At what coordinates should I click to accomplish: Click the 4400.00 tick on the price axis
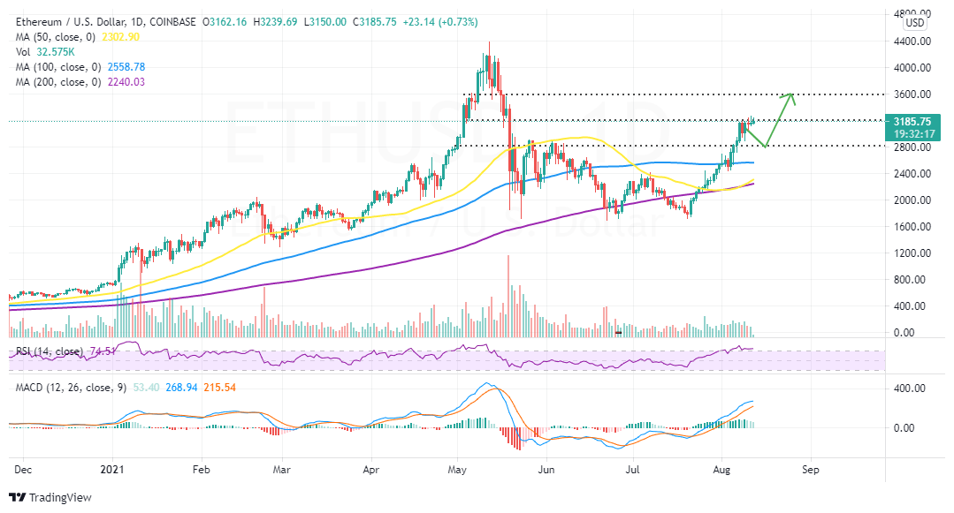pos(912,41)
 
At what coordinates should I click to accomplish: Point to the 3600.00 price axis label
pos(912,94)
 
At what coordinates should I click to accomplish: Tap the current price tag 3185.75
pos(912,122)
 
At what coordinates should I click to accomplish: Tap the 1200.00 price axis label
pos(912,253)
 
